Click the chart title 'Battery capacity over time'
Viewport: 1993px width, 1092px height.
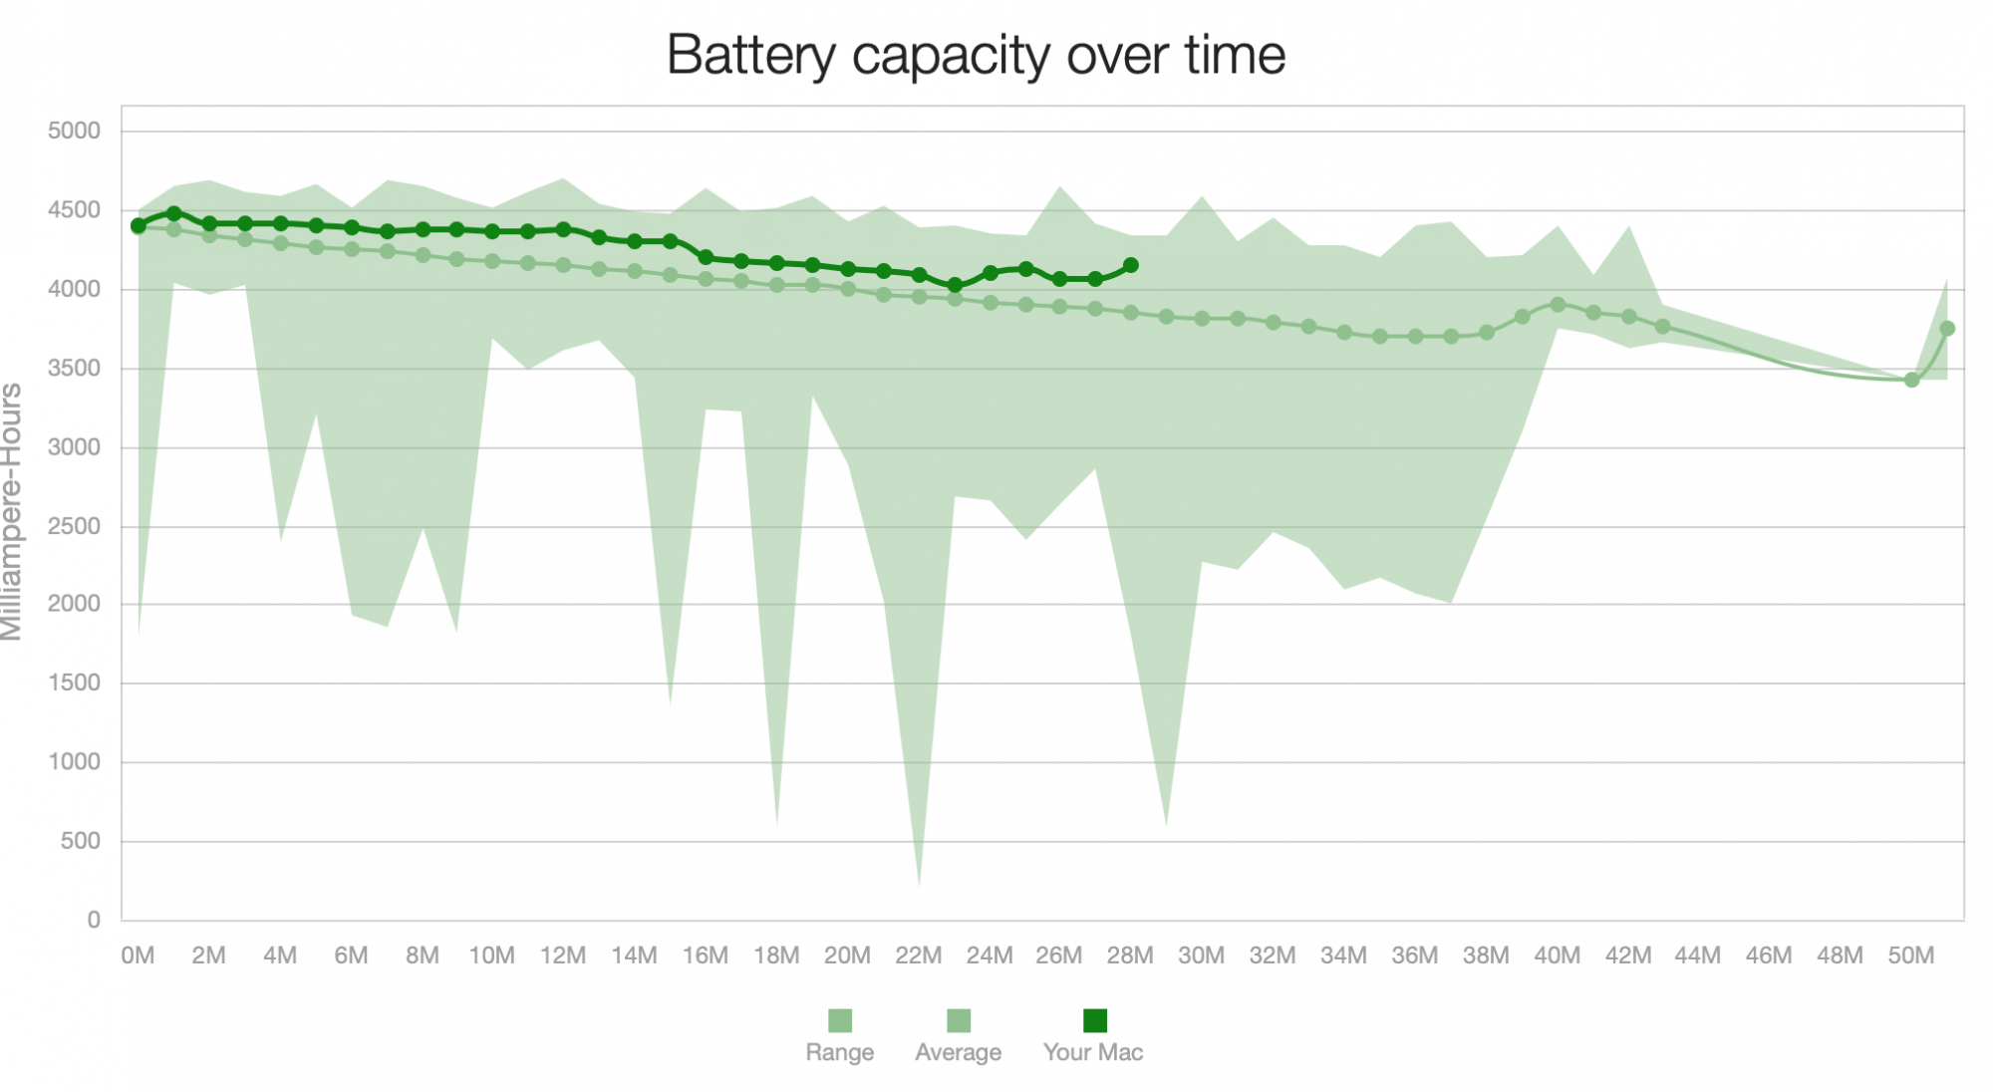[976, 55]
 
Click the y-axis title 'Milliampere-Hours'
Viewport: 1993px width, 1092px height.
[12, 512]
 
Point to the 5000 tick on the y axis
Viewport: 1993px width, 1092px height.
[74, 131]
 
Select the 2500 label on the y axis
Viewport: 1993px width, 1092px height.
[74, 526]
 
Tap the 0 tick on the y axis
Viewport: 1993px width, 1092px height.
[93, 920]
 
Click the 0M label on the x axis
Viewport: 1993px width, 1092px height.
[138, 955]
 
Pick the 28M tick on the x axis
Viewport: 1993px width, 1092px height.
[1130, 955]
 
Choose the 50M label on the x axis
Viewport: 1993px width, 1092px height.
[1910, 955]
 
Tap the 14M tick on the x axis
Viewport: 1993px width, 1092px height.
[634, 955]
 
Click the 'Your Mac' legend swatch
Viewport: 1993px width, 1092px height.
[1094, 1020]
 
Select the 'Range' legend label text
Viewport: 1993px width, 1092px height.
[839, 1052]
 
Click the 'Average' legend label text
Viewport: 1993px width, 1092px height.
[958, 1052]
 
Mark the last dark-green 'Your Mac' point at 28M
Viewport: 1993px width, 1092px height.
[1131, 266]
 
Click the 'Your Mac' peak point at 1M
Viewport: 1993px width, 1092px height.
[173, 213]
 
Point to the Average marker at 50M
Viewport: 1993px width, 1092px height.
[1911, 380]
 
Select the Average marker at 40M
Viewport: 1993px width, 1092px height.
[1558, 305]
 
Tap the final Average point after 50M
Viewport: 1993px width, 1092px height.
[1947, 329]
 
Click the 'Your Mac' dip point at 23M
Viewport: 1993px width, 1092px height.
[955, 285]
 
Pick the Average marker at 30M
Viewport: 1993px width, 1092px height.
[1202, 319]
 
